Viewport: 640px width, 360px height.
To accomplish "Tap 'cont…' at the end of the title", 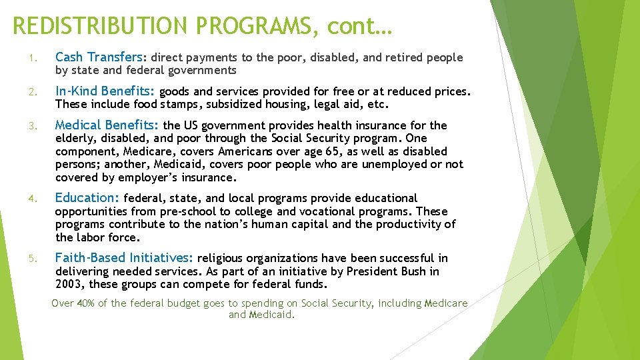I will [360, 26].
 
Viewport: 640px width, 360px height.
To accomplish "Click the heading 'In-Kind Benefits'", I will [105, 91].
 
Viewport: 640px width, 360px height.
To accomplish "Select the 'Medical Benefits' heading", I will [107, 125].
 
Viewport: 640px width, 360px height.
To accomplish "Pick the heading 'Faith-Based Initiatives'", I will [124, 257].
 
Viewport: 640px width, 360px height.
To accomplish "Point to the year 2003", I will [69, 285].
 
